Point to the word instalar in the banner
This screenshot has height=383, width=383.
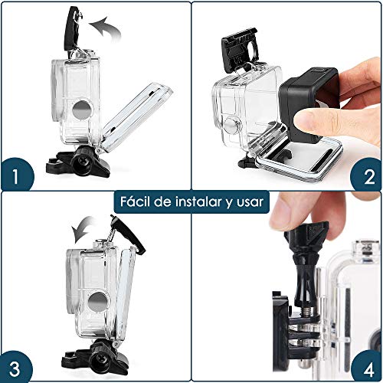click(x=198, y=202)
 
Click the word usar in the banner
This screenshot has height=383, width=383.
click(x=249, y=202)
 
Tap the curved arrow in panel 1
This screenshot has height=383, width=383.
click(x=105, y=32)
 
